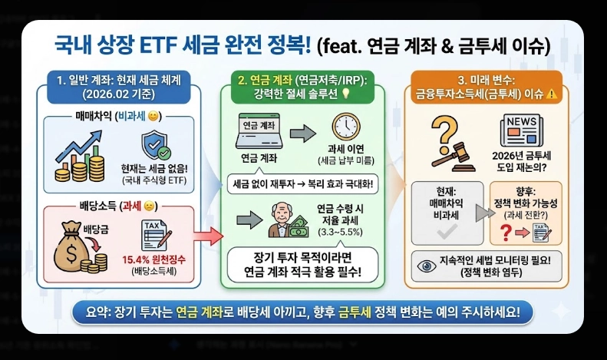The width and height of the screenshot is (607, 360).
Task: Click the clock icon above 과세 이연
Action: coord(346,129)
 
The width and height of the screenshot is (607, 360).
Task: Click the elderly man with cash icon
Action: coord(285,221)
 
